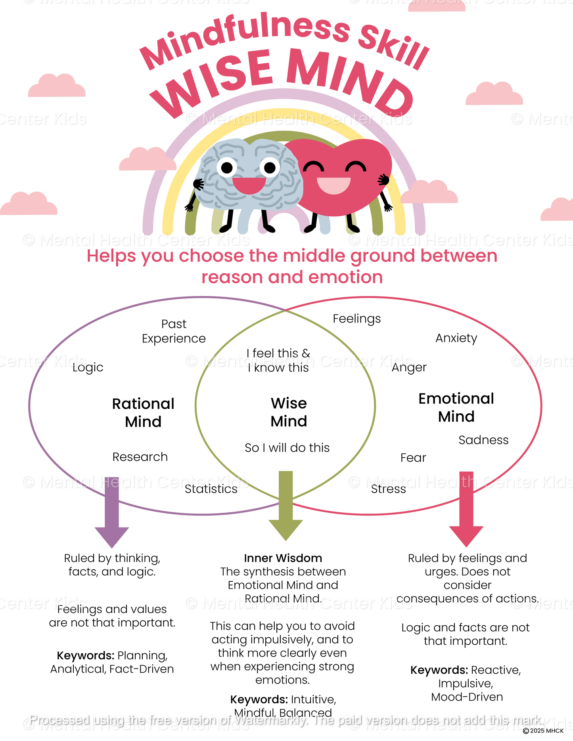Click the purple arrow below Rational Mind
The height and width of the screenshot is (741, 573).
coord(112,513)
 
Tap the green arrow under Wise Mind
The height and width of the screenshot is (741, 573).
coord(286,507)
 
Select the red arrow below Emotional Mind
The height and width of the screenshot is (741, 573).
coord(466,511)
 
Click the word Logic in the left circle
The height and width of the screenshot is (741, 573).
coord(88,368)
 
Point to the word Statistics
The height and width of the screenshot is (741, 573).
coord(211,489)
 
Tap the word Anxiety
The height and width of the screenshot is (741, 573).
coord(456,338)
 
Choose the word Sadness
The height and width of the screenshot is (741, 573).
coord(483,440)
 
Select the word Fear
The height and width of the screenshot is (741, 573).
coord(413,458)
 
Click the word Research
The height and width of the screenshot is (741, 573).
coord(140,457)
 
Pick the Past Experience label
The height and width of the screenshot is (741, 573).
coord(174,331)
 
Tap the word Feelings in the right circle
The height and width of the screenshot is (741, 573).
coord(356,319)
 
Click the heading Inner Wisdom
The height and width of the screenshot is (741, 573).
coord(283,558)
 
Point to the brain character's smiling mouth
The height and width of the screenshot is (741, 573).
coord(249,185)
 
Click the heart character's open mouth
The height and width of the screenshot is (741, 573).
coord(334,185)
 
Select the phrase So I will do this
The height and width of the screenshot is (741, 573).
coord(287,448)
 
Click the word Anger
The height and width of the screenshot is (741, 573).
coord(409,368)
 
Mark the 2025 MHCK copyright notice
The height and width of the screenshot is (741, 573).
coord(543,731)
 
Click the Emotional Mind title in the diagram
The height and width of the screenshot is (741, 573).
coord(456,408)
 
